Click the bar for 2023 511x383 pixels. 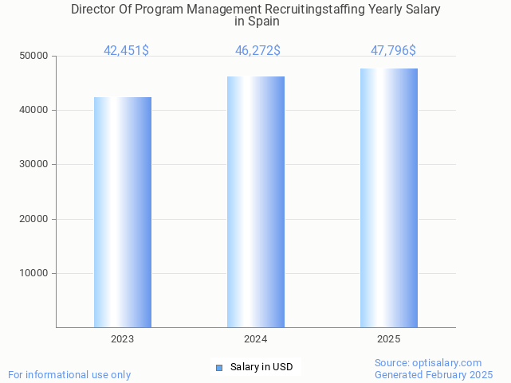(123, 212)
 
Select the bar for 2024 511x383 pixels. (256, 201)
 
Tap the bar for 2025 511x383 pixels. (389, 197)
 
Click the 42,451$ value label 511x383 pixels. (126, 51)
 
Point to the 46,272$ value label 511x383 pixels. (257, 51)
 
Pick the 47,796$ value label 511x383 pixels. (393, 51)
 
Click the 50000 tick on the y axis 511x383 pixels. (34, 56)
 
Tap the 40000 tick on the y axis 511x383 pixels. (34, 110)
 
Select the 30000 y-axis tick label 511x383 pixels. (34, 164)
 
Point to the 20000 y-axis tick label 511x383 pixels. (34, 219)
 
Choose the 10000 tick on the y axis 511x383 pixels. (34, 273)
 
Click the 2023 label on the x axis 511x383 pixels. (123, 339)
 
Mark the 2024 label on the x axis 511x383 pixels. (256, 339)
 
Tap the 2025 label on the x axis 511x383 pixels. (389, 339)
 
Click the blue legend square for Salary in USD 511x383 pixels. (219, 367)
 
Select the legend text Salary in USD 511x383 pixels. (261, 367)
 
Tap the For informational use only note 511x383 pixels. (69, 374)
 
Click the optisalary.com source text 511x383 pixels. (451, 363)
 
